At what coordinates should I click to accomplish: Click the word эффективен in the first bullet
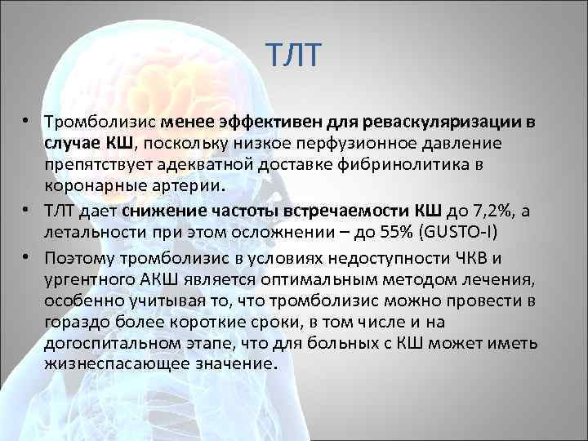pos(262,122)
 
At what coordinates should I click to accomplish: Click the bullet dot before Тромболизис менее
pos(27,121)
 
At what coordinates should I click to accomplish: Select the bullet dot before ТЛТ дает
pos(27,208)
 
